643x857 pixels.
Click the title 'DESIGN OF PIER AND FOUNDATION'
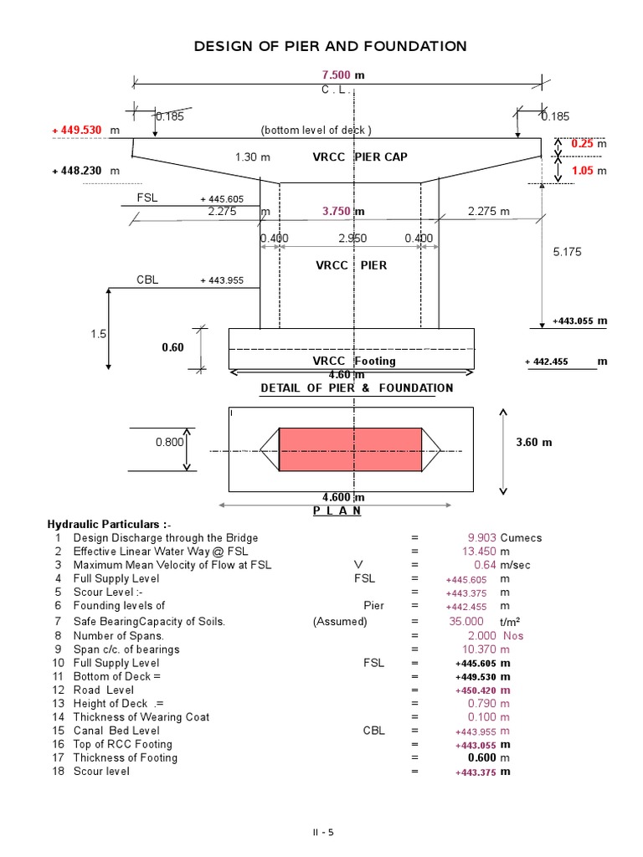coord(330,46)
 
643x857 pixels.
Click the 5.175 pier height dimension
coord(567,251)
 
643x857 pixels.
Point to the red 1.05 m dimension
coord(583,170)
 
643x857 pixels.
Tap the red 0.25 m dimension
coord(583,144)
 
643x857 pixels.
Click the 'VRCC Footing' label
coord(354,361)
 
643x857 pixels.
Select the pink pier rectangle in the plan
coord(350,449)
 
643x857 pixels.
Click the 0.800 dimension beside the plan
coord(168,442)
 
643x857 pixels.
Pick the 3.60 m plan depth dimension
coord(535,442)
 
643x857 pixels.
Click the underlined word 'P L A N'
coord(337,511)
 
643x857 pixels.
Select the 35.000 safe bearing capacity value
coord(466,621)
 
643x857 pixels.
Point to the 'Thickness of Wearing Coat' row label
coord(141,716)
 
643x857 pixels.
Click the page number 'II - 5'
coord(321,832)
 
